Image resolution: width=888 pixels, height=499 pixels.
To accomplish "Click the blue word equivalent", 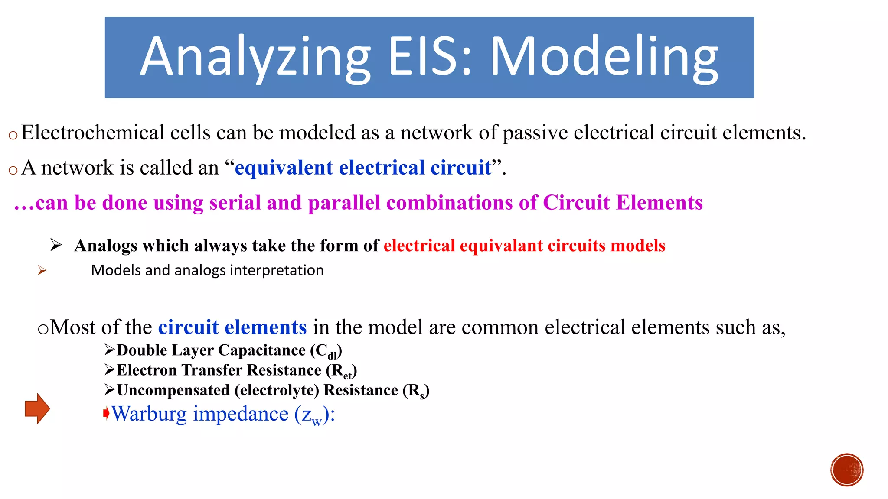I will point(284,168).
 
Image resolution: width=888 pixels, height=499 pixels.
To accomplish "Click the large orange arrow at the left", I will point(37,408).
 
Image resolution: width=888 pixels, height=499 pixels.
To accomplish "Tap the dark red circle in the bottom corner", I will point(847,470).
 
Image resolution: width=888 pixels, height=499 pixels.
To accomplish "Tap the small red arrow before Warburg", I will point(106,414).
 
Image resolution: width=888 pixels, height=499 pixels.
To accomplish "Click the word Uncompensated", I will point(173,390).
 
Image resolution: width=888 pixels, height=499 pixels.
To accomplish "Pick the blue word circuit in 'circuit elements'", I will point(188,327).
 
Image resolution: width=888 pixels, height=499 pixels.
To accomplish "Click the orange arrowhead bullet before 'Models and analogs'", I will point(42,271).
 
